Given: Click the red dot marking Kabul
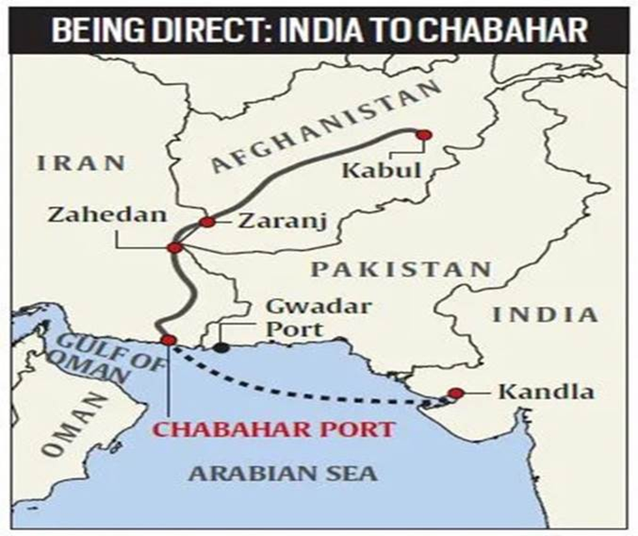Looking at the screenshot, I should (422, 135).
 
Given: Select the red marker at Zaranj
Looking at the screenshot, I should (207, 221).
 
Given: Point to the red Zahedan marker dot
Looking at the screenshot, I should (175, 247).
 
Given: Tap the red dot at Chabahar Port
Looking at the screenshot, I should (168, 340).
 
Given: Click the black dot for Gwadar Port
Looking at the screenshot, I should (219, 346).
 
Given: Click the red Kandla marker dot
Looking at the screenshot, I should (455, 394).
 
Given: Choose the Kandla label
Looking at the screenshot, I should (534, 393).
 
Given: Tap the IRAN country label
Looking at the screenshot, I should (79, 163).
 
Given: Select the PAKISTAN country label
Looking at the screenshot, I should (401, 269).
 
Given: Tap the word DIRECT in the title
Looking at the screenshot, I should (211, 30).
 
